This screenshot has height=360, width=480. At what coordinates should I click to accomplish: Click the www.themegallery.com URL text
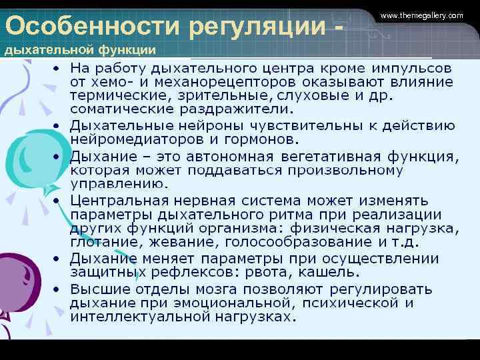click(421, 15)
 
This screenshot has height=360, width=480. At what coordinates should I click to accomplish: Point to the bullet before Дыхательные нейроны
click(57, 125)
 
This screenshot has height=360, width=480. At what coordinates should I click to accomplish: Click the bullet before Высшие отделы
click(57, 289)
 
